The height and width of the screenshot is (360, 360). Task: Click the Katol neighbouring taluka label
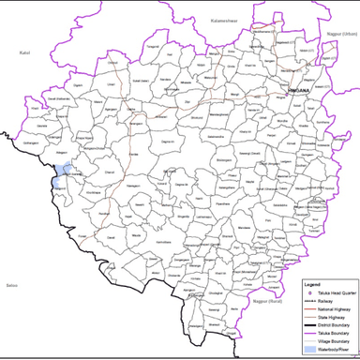(x=24, y=53)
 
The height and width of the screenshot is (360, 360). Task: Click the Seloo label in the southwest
(x=11, y=283)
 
